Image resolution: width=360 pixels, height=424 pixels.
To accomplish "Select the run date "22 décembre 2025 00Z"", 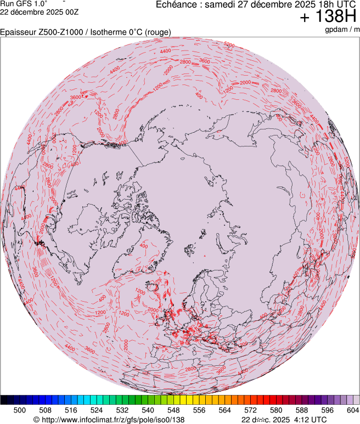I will pyautogui.click(x=32, y=12).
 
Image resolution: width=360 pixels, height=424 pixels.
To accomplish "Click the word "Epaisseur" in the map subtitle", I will pyautogui.click(x=18, y=32).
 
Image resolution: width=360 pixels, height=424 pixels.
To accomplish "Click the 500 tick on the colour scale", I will pyautogui.click(x=20, y=410).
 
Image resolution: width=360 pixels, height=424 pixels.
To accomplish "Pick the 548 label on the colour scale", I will pyautogui.click(x=173, y=410).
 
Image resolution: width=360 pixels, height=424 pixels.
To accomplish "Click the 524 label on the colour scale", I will pyautogui.click(x=97, y=410).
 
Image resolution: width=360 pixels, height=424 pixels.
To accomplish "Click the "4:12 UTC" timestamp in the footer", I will pyautogui.click(x=309, y=420).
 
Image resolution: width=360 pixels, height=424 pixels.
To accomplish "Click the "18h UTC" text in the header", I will pyautogui.click(x=335, y=4).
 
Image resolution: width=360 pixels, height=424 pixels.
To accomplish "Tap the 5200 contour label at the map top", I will pyautogui.click(x=229, y=44).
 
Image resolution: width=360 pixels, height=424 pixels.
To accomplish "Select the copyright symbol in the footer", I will pyautogui.click(x=36, y=420).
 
